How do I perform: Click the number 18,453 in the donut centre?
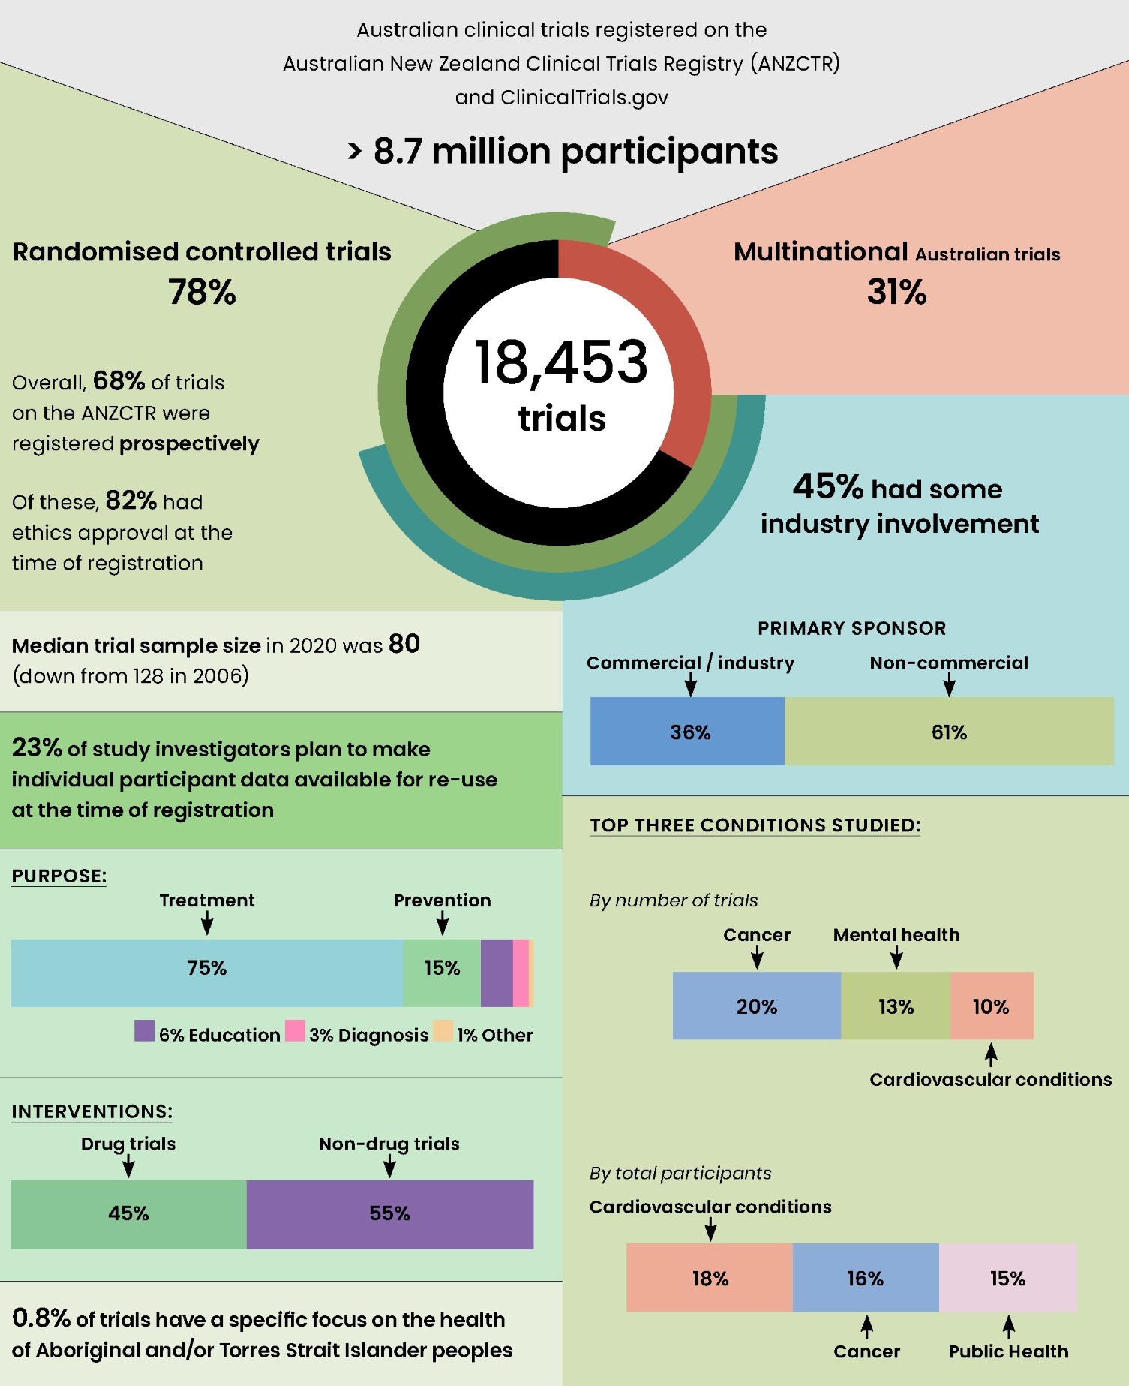(561, 362)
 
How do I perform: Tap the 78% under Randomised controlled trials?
(202, 292)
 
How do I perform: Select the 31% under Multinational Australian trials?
(896, 292)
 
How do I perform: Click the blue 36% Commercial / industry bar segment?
(687, 732)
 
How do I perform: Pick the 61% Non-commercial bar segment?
(949, 732)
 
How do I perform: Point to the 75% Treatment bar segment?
(207, 973)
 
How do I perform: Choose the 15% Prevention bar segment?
(442, 973)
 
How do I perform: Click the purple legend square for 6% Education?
(144, 1030)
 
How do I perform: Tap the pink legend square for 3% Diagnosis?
(295, 1030)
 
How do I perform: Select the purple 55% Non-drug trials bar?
(390, 1214)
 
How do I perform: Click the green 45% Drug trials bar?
(128, 1214)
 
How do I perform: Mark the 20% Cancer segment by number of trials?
(756, 1006)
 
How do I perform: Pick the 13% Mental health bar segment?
(896, 1006)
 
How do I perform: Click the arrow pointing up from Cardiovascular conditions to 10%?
(991, 1054)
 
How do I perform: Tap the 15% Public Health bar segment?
(1007, 1278)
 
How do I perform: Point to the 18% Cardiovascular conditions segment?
(710, 1278)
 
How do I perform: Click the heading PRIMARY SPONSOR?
(851, 628)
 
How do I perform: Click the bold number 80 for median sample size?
(404, 644)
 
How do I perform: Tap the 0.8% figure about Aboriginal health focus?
(41, 1318)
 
